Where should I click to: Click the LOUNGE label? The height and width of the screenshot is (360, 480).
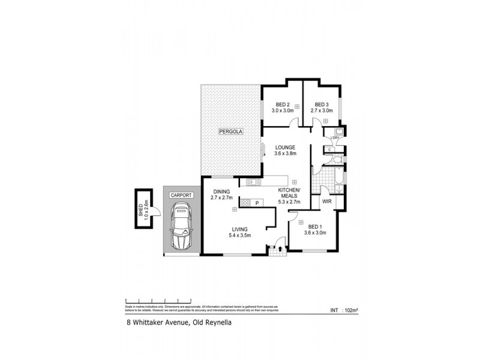point(286,147)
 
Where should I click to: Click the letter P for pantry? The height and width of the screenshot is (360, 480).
point(257,203)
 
